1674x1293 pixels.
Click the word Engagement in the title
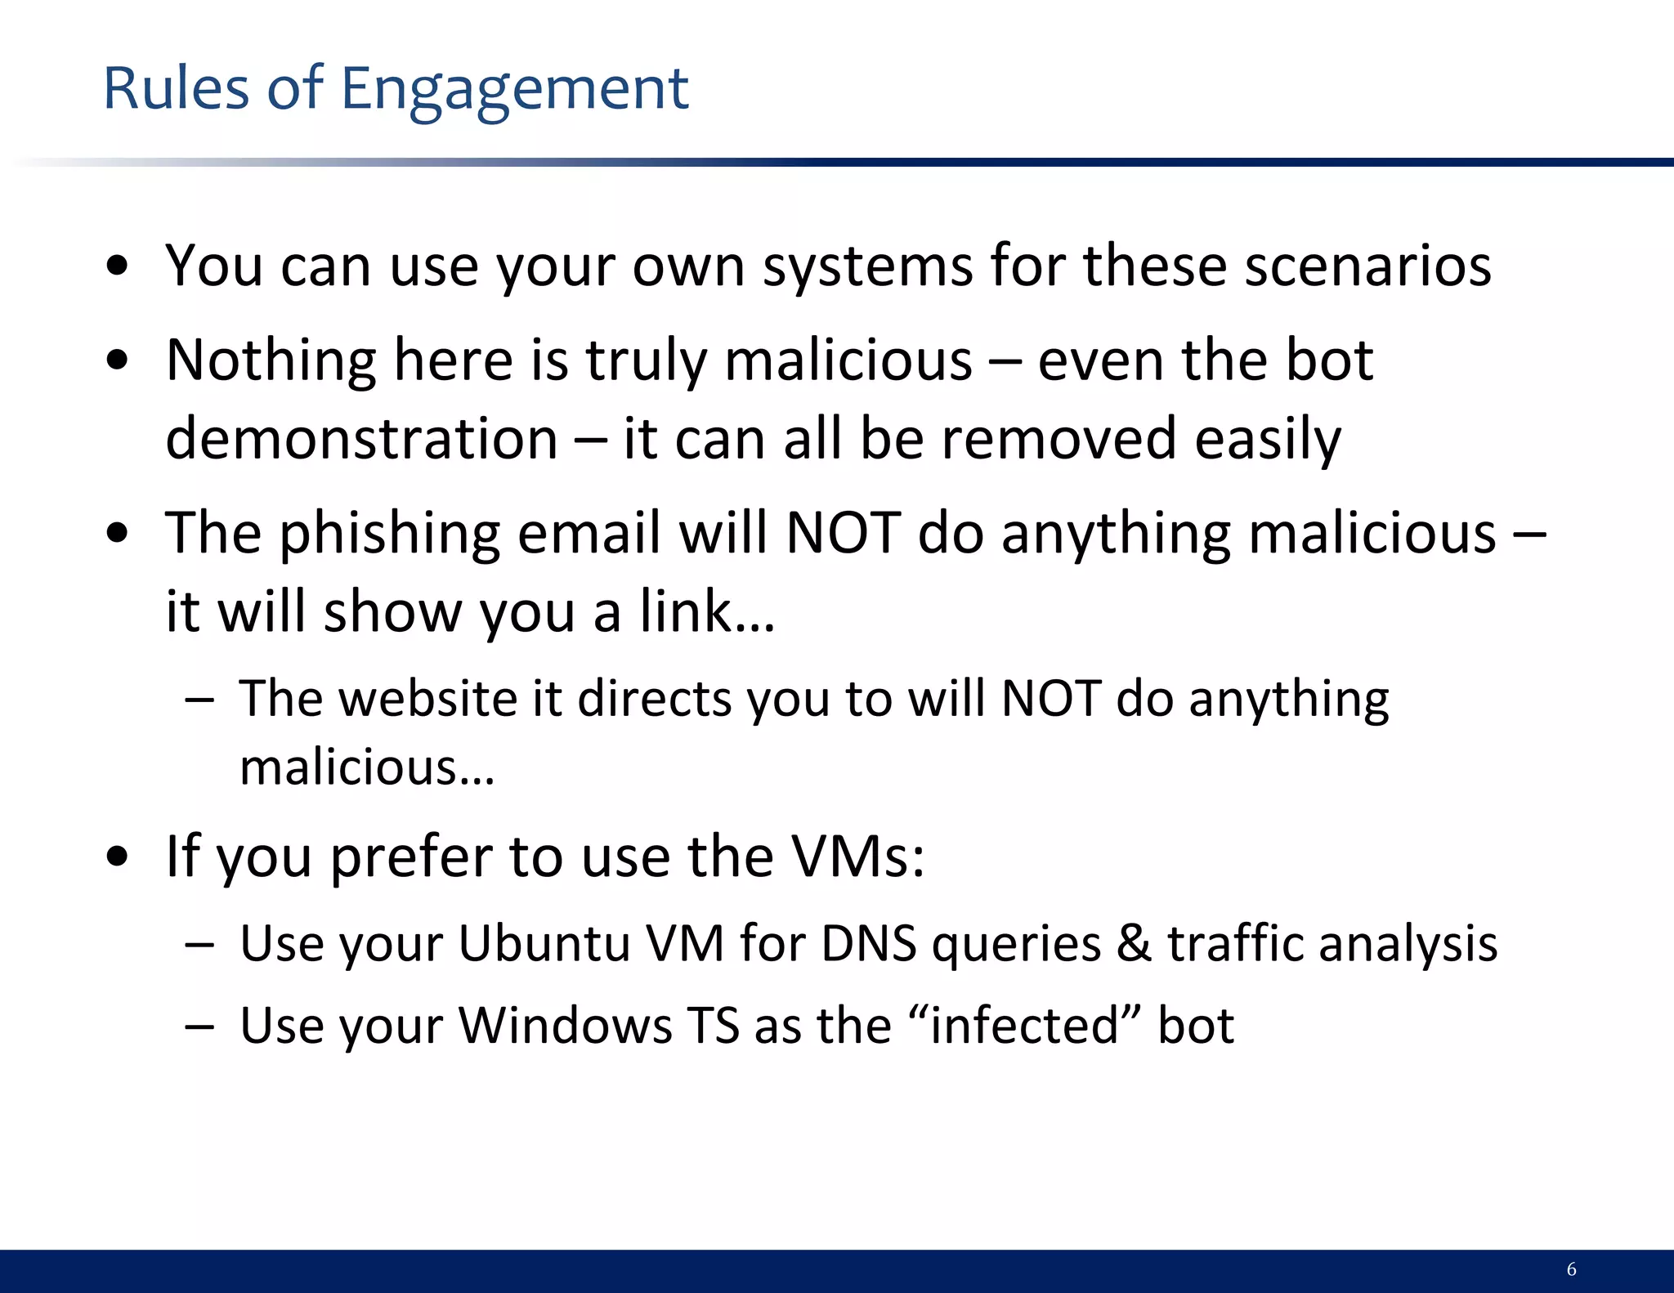click(x=514, y=90)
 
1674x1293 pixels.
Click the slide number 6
click(x=1571, y=1268)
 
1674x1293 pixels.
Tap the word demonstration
click(x=361, y=439)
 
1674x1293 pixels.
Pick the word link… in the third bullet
click(x=707, y=611)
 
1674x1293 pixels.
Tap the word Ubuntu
click(x=544, y=943)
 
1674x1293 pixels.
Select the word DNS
click(x=869, y=943)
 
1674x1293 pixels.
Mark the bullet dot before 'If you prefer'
click(x=118, y=857)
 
